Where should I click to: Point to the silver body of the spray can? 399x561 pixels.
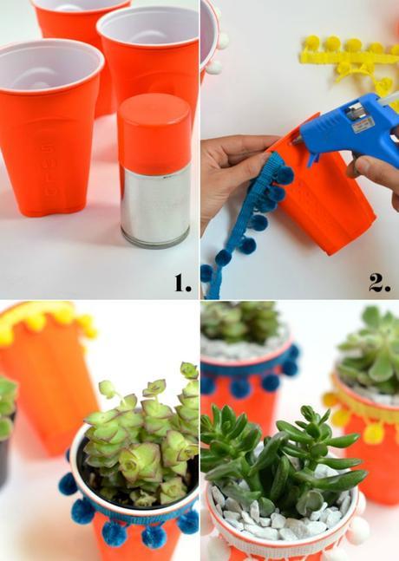coord(154,204)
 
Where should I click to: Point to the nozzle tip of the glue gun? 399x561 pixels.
coord(296,137)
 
